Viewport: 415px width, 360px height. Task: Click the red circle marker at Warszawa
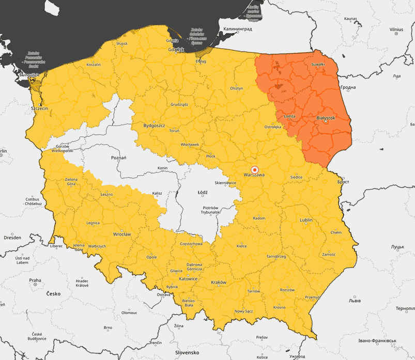coord(254,170)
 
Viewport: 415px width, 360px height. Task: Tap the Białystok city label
coord(326,118)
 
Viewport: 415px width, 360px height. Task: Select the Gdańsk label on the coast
coord(176,50)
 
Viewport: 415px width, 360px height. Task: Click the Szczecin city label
coord(39,109)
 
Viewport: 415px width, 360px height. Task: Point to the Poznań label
coord(119,158)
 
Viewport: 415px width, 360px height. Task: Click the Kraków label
coord(219,283)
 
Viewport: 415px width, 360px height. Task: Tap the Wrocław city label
coord(122,234)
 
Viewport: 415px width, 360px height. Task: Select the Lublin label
coord(306,220)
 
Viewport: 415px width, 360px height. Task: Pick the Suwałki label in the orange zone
coord(317,65)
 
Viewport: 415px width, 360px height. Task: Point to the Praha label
coord(35,280)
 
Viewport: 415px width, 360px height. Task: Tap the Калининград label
coord(237,29)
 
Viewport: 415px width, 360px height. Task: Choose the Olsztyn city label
coord(236,88)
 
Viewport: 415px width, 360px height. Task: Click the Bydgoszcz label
coord(154,126)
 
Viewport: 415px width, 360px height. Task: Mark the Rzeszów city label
coord(287,290)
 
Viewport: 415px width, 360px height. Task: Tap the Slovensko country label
coord(187,352)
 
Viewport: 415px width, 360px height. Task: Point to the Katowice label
coord(189,279)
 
